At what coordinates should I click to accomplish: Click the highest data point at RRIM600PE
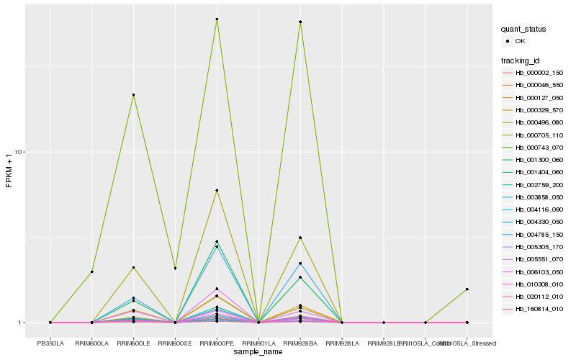[217, 19]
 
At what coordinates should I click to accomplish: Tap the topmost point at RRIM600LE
[133, 95]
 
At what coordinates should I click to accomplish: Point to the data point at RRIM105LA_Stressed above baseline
[467, 289]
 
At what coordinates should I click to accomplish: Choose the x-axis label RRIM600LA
[91, 343]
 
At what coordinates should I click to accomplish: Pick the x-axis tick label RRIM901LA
[258, 343]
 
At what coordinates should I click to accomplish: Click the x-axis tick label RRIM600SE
[175, 343]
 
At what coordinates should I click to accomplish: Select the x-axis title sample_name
[258, 353]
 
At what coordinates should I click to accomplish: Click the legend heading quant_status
[523, 30]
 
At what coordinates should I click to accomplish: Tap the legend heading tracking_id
[521, 60]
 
